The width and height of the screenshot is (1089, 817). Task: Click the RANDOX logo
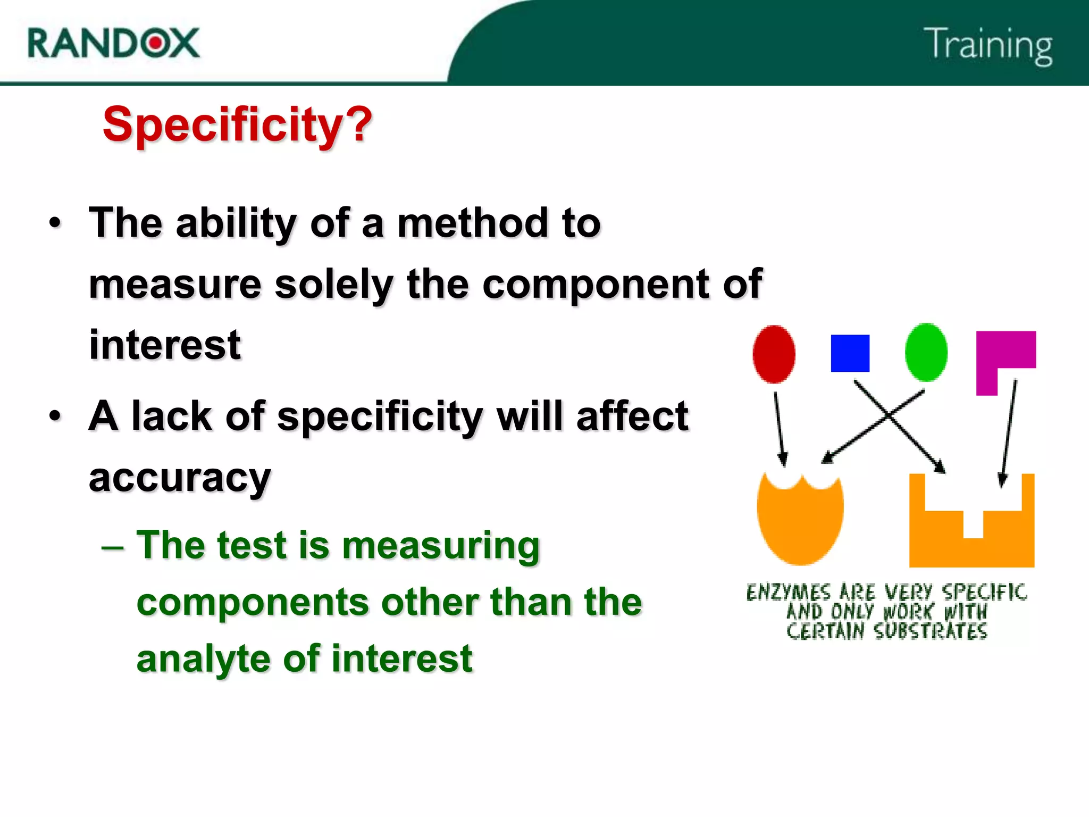point(113,43)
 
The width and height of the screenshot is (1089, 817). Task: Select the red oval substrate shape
point(774,354)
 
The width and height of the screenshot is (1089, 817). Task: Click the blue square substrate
point(850,353)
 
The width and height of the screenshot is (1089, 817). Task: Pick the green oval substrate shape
point(926,352)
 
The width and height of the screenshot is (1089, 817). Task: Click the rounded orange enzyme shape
point(800,521)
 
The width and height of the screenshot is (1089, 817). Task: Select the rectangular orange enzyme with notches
point(971,537)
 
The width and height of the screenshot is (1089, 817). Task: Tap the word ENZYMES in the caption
point(788,592)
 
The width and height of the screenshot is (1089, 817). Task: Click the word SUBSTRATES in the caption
point(930,631)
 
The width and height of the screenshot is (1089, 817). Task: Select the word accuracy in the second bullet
point(180,478)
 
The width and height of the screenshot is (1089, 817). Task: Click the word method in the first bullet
point(472,223)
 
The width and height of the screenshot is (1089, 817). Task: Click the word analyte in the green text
point(203,659)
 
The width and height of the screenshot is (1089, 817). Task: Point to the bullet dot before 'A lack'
point(55,415)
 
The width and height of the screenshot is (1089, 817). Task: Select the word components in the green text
point(253,602)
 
